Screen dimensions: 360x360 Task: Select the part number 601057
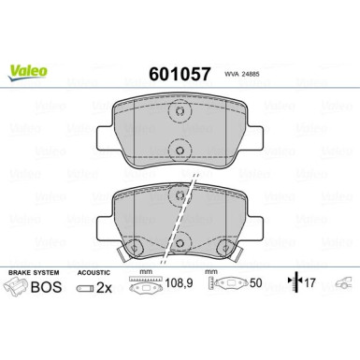(180, 74)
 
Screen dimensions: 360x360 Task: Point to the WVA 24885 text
(242, 75)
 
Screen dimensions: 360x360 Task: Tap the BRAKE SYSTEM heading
(34, 272)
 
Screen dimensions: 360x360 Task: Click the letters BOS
(46, 287)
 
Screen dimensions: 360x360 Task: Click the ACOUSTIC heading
(94, 273)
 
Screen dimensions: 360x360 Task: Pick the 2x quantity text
(104, 288)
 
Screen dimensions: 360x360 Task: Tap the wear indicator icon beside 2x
(84, 288)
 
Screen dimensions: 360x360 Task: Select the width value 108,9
(179, 283)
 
